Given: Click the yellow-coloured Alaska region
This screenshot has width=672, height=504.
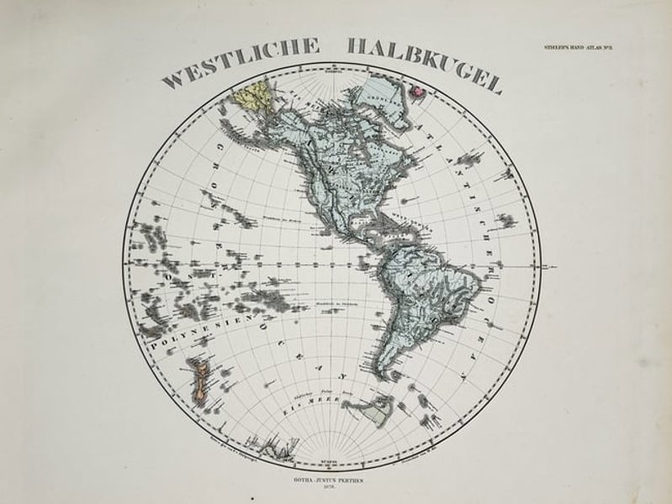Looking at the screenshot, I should (x=253, y=99).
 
